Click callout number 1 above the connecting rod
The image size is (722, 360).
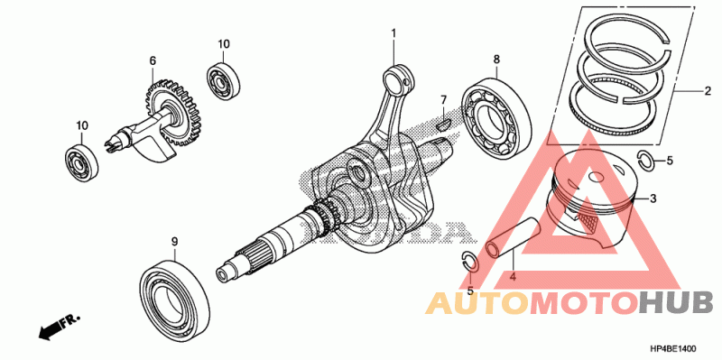click(x=393, y=33)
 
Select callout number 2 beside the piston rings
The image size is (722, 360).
click(x=708, y=91)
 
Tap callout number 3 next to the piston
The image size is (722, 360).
click(x=653, y=198)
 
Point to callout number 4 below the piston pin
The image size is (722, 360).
click(x=512, y=277)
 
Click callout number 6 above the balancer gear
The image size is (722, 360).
click(x=153, y=60)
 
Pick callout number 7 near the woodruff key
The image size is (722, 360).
click(x=443, y=99)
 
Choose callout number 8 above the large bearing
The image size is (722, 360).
click(x=496, y=59)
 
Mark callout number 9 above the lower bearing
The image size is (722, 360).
click(x=174, y=241)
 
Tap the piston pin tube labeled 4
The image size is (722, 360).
click(x=514, y=237)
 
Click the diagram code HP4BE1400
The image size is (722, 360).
click(x=672, y=349)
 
